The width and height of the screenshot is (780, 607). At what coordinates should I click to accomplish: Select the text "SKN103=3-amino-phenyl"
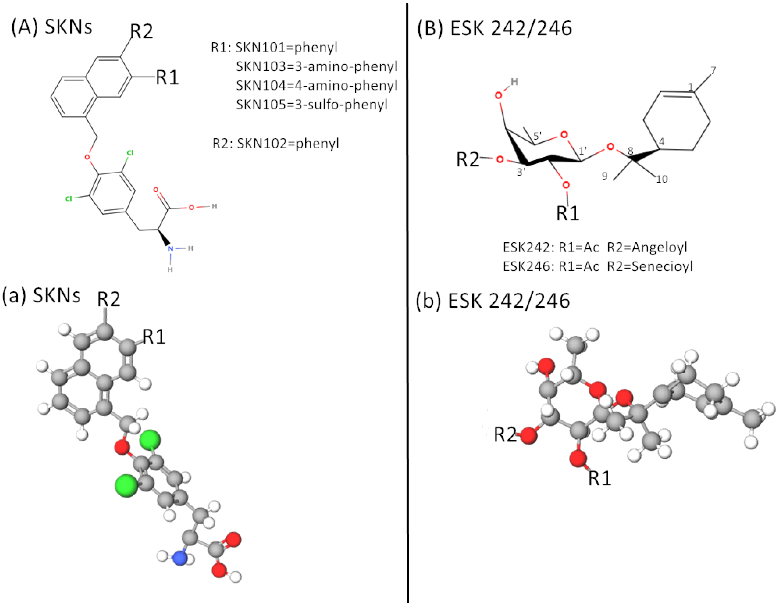click(317, 67)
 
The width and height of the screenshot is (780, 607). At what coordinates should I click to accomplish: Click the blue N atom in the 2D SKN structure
click(171, 248)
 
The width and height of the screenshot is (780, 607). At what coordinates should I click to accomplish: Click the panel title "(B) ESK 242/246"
click(494, 28)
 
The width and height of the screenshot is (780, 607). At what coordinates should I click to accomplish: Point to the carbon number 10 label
click(662, 179)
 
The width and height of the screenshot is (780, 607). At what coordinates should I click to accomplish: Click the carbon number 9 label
click(605, 176)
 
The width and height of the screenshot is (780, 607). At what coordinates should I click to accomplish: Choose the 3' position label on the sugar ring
click(521, 172)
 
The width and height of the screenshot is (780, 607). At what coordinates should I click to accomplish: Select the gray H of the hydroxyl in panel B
click(514, 82)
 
